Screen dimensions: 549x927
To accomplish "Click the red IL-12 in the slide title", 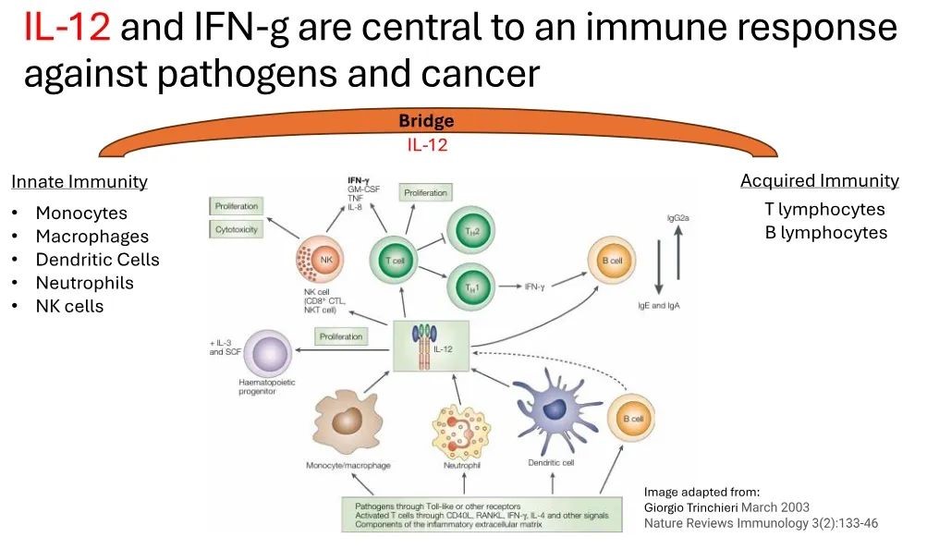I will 67,28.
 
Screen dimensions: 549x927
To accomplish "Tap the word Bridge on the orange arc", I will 426,121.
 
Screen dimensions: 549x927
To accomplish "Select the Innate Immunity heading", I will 79,182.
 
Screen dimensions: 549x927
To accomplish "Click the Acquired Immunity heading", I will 820,181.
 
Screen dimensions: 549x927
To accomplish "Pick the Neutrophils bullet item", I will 84,283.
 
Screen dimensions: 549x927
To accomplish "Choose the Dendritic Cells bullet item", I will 97,260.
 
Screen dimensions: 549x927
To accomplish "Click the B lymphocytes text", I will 825,232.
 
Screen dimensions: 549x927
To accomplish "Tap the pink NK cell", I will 321,262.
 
